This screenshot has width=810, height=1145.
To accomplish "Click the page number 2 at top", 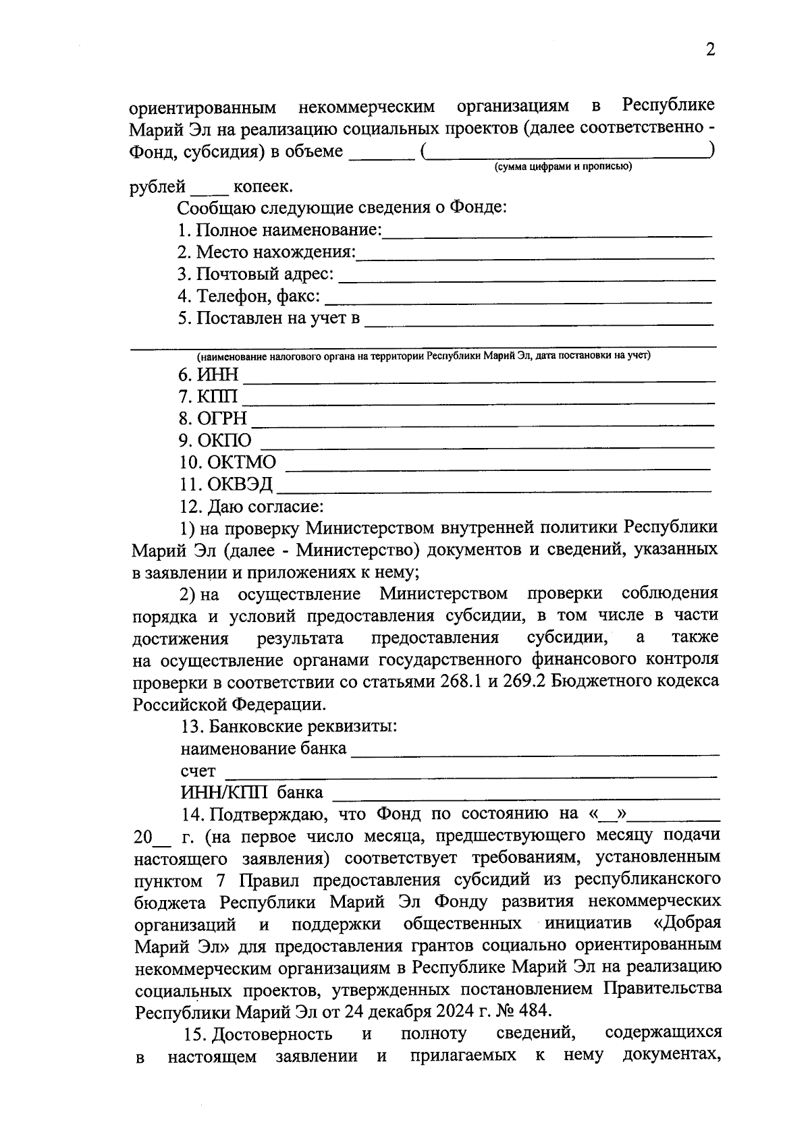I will [x=709, y=50].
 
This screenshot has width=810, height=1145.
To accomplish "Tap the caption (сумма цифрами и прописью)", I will [x=563, y=166].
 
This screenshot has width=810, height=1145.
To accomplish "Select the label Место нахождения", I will [x=275, y=252].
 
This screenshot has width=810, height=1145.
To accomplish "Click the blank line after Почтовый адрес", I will [x=526, y=277].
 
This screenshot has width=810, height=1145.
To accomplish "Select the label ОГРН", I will [x=222, y=418].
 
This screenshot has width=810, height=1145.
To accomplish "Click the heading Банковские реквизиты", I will [x=302, y=727].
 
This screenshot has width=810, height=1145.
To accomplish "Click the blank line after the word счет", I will [x=470, y=774].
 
